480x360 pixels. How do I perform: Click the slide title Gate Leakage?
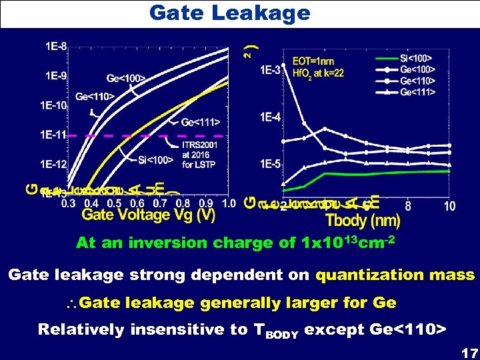click(229, 13)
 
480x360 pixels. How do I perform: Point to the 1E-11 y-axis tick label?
click(53, 135)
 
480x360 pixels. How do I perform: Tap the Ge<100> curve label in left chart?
click(126, 79)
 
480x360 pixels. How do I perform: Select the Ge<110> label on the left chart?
click(95, 97)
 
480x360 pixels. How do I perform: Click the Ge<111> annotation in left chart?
click(201, 122)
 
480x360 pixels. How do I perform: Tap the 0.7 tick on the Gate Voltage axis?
click(159, 203)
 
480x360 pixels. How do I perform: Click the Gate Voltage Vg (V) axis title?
click(149, 215)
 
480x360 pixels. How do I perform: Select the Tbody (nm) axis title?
click(362, 220)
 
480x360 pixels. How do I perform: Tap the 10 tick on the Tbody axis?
click(449, 207)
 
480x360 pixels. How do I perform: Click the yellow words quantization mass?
click(395, 275)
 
